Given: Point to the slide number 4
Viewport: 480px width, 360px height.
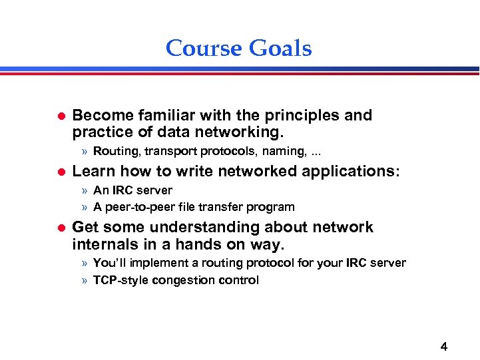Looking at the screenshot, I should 444,346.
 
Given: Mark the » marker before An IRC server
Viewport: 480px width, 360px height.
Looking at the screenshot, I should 85,191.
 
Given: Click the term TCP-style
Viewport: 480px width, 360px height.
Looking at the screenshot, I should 121,280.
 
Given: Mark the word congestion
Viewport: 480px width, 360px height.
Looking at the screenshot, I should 182,280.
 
